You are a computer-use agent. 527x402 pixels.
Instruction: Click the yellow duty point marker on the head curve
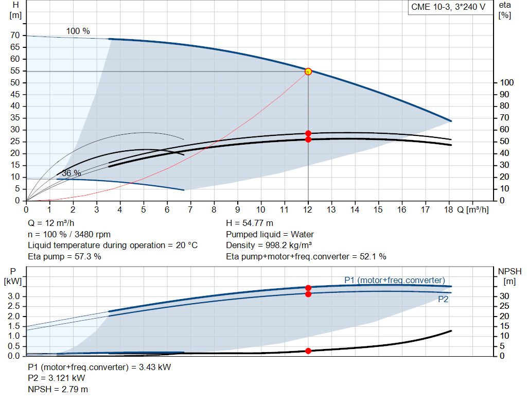pyautogui.click(x=308, y=72)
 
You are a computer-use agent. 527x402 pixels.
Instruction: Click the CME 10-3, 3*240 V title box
pyautogui.click(x=448, y=7)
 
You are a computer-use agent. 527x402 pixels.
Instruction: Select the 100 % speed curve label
pyautogui.click(x=78, y=31)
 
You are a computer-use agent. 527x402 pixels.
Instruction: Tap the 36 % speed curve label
pyautogui.click(x=72, y=173)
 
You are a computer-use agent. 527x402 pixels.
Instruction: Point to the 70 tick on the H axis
pyautogui.click(x=15, y=36)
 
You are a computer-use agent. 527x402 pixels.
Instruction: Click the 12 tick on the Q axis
pyautogui.click(x=308, y=209)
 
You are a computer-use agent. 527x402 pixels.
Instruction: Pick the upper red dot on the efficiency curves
pyautogui.click(x=308, y=133)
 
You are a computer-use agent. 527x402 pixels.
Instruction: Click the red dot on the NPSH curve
pyautogui.click(x=308, y=351)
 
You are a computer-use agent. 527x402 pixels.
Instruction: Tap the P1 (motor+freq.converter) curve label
pyautogui.click(x=394, y=280)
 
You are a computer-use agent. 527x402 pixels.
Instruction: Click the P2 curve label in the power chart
pyautogui.click(x=443, y=299)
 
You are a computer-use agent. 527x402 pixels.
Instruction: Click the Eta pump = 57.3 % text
pyautogui.click(x=64, y=256)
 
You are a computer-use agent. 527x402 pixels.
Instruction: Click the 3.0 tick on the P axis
pyautogui.click(x=14, y=296)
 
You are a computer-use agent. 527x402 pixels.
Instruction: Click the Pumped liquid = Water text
pyautogui.click(x=270, y=234)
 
